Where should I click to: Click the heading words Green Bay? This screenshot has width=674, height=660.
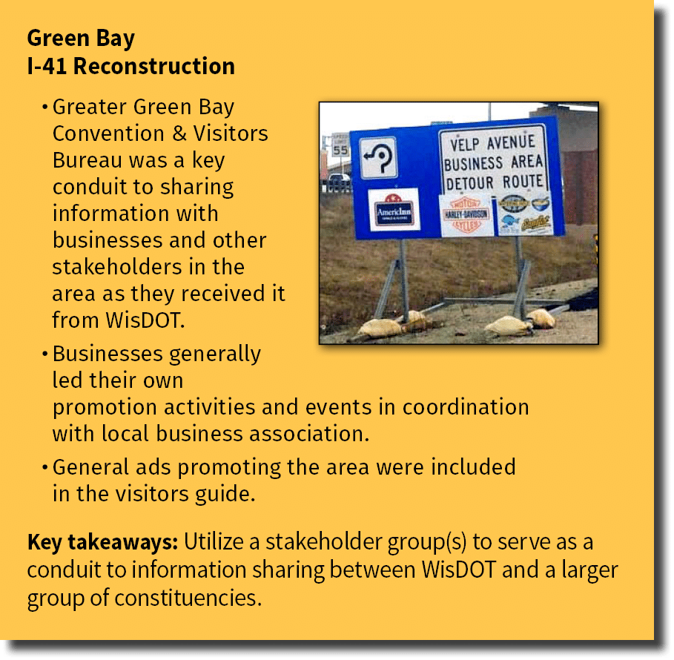81,38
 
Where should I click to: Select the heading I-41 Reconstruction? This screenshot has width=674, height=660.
130,66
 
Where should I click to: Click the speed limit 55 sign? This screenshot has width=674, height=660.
340,146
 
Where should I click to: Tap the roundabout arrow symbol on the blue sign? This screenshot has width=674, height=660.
378,157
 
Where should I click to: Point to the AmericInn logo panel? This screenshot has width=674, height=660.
394,209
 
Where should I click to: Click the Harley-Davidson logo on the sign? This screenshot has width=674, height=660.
466,215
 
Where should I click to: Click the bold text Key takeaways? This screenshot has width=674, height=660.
102,542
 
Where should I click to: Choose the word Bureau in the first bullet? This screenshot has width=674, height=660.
82,160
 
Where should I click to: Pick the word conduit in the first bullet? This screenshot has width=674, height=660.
82,187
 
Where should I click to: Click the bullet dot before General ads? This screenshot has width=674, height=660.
45,468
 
